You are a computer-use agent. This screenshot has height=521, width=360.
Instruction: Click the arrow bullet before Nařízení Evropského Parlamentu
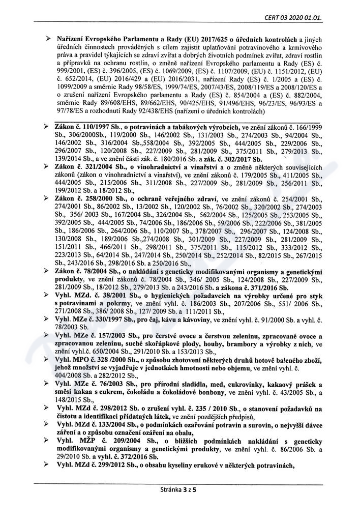(x=48, y=39)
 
